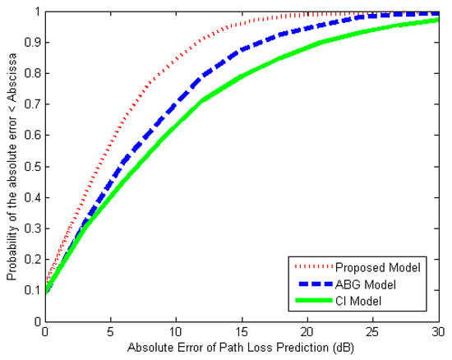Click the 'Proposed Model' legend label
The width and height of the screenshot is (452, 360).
point(384,267)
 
